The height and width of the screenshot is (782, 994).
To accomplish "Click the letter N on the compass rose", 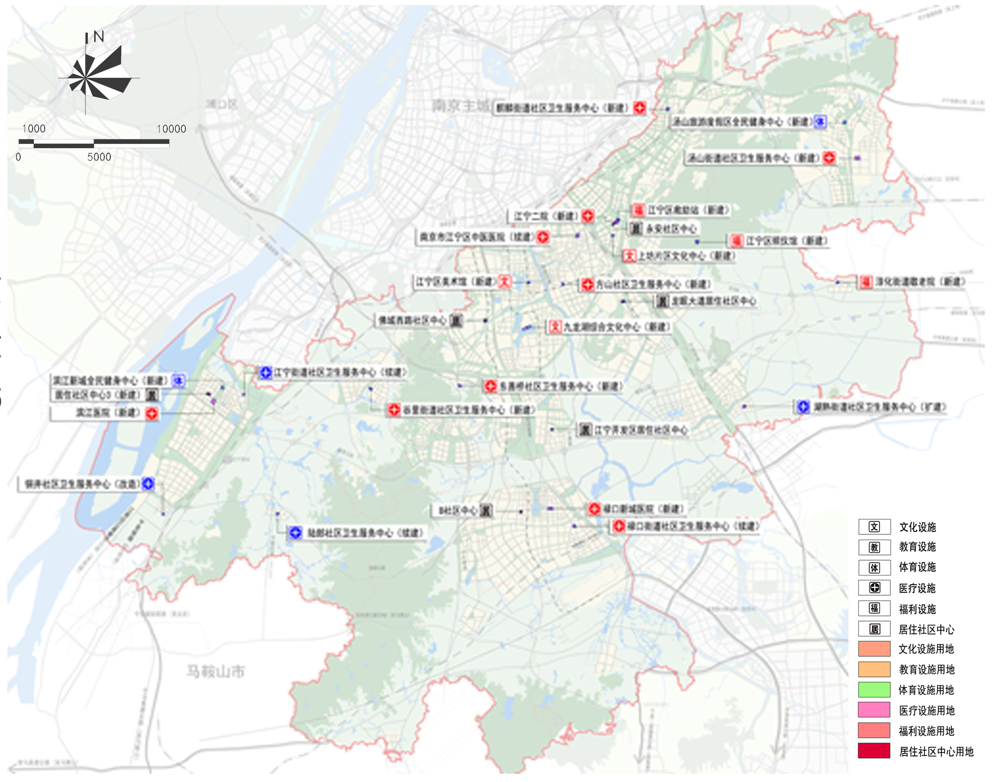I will coord(99,36).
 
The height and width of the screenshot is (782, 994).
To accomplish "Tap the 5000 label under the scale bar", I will coord(99,157).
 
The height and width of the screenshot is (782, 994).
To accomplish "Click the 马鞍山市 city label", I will coord(215,671).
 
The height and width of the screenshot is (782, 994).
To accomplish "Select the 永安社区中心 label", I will coord(671,229).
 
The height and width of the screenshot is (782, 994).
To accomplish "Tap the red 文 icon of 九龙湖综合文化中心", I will coord(555,327).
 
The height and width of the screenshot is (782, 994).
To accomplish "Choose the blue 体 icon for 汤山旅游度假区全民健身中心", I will coord(820,121).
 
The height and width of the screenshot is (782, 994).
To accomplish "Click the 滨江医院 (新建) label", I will coord(108,413).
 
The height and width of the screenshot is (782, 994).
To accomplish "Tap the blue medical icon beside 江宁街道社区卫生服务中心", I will coord(265,372).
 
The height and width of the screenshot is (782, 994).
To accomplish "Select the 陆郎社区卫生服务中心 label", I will coord(364,533).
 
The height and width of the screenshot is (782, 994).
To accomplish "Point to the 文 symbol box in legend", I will coord(874,527).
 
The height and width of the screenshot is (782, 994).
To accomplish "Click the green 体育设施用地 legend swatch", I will coord(874,690).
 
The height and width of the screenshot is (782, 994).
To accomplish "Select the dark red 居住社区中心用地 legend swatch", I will coord(874,751).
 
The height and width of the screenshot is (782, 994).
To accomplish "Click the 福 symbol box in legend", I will coord(874,609).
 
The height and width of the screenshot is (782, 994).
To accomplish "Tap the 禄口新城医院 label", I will coord(643,509).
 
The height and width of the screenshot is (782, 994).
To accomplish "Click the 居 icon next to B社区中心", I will coord(486,510).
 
